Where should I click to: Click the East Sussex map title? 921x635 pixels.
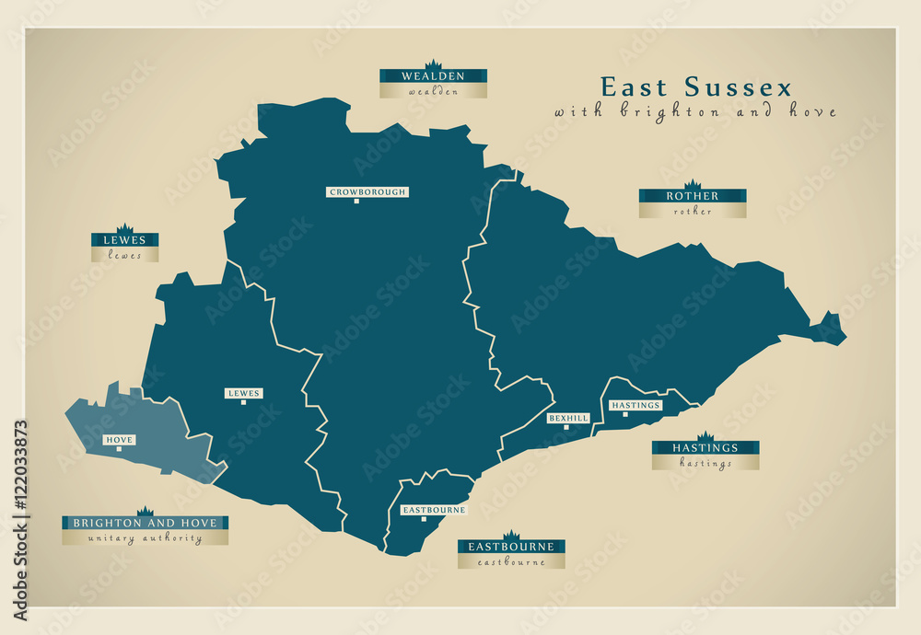pos(695,87)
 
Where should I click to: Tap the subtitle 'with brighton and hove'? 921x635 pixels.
pos(695,111)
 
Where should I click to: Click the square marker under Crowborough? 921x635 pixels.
pos(356,202)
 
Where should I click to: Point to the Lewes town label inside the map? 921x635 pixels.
pos(243,393)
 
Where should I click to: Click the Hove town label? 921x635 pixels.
pos(120,440)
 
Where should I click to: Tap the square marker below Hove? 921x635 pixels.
pos(119,449)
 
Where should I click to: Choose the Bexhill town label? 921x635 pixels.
pos(568,418)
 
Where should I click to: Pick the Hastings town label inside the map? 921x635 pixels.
pos(635,405)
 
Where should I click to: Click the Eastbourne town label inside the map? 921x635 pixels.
pos(434,509)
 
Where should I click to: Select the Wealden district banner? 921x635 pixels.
pos(433,76)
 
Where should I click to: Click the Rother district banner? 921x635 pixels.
pos(693,196)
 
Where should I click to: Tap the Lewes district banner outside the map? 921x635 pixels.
pos(124,240)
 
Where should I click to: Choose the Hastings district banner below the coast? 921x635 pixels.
pos(705,448)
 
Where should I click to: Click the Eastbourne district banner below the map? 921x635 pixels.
pos(511,547)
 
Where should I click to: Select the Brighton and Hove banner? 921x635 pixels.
pos(146,523)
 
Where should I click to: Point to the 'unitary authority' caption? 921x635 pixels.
pos(146,538)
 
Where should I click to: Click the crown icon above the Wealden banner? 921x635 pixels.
pos(433,64)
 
